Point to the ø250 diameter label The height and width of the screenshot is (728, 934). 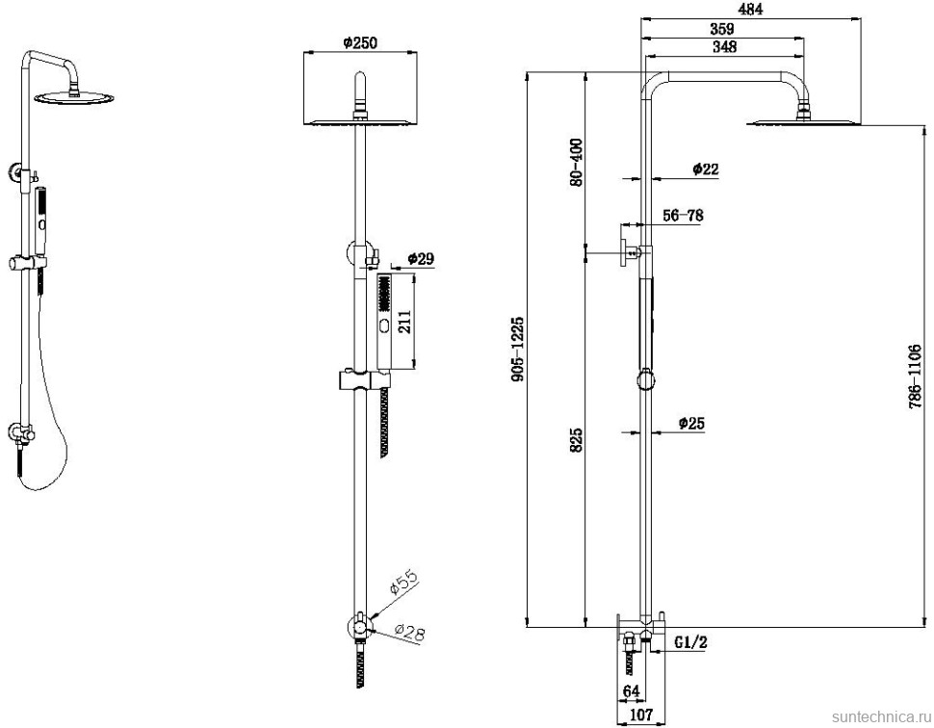pyautogui.click(x=358, y=41)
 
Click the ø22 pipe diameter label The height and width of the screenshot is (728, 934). pyautogui.click(x=706, y=169)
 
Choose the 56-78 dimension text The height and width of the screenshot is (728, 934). pyautogui.click(x=683, y=216)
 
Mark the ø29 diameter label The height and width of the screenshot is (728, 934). pyautogui.click(x=422, y=259)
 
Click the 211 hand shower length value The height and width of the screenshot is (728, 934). pyautogui.click(x=406, y=321)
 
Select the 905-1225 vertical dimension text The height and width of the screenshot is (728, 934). pyautogui.click(x=518, y=350)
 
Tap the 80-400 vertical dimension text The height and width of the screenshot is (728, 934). pyautogui.click(x=576, y=162)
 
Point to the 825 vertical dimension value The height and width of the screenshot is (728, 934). pyautogui.click(x=576, y=440)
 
